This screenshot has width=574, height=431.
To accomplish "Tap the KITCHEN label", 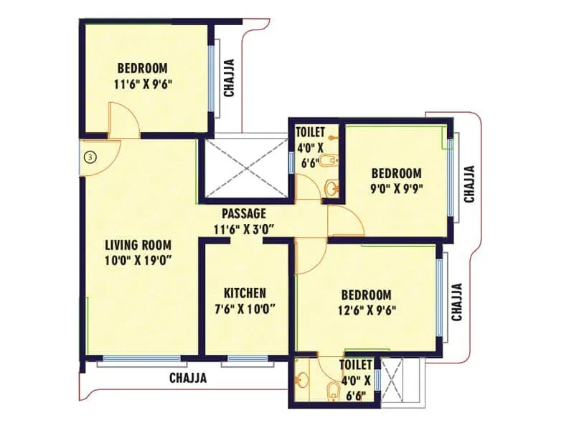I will click(245, 293).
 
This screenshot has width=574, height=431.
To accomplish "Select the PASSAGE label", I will click(244, 213).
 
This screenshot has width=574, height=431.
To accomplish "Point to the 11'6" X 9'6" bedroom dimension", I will click(142, 84).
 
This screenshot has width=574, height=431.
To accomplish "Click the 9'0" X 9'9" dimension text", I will click(395, 190).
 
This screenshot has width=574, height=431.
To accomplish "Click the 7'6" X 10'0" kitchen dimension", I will click(245, 310).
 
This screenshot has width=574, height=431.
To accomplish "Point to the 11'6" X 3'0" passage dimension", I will click(244, 229).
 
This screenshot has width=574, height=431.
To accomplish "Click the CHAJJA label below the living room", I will click(188, 378).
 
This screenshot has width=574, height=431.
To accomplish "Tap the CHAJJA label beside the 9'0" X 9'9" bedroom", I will click(469, 185).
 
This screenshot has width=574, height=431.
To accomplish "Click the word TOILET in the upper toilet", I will click(310, 131).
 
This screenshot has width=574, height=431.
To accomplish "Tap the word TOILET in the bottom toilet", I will click(355, 365).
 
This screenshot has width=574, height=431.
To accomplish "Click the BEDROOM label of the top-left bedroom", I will click(142, 68).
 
